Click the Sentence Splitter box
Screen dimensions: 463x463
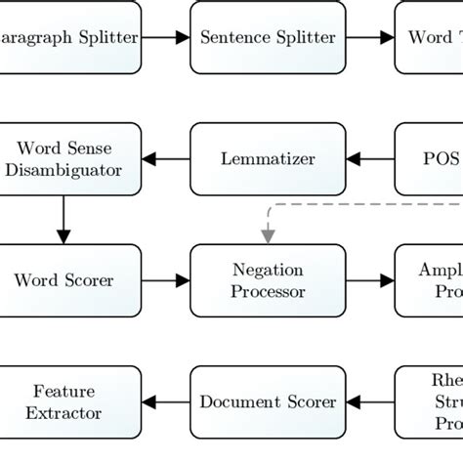tap(267, 38)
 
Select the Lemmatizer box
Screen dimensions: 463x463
tap(267, 158)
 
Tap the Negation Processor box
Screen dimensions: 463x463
tap(267, 279)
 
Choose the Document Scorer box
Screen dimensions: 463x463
tap(267, 400)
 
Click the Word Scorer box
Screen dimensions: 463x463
tap(64, 279)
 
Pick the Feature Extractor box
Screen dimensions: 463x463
tap(64, 400)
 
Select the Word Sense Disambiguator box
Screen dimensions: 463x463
tap(64, 158)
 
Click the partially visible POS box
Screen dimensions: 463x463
tap(430, 158)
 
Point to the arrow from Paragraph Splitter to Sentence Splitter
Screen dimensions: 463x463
tap(165, 38)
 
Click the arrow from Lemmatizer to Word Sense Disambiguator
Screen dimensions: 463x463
tap(165, 158)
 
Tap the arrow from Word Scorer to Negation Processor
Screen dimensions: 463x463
tap(165, 280)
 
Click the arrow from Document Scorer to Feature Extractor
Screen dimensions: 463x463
tap(165, 400)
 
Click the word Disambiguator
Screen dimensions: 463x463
tap(64, 169)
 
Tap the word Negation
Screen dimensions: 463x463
tap(267, 270)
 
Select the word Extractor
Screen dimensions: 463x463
tap(64, 412)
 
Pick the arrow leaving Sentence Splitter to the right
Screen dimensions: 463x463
tap(368, 38)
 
